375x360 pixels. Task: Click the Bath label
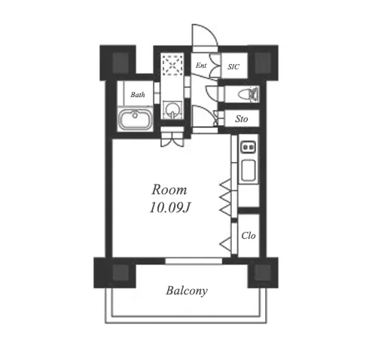point(138,95)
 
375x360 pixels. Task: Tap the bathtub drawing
point(136,119)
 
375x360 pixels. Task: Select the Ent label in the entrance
point(201,66)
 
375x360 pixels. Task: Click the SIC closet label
point(233,66)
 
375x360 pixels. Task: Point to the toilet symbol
point(248,94)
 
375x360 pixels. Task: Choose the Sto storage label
point(242,119)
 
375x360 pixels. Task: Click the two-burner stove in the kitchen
point(248,147)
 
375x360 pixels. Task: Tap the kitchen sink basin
point(248,171)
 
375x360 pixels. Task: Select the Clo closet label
point(248,236)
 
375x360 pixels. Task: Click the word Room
point(169,190)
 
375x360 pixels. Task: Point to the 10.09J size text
point(170,207)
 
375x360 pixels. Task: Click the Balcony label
point(187,291)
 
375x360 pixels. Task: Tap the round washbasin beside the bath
point(172,109)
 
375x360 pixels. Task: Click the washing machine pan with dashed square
point(172,66)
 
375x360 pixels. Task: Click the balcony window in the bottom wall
point(194,261)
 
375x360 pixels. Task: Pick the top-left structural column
point(118,63)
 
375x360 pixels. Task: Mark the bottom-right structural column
point(263,273)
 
